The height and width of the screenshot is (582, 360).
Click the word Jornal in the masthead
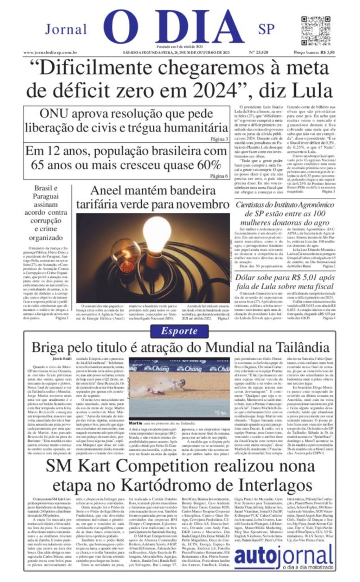coord(66,30)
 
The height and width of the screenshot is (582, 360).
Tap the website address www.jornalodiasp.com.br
coord(50,52)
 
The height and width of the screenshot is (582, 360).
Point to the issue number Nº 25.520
coord(258,52)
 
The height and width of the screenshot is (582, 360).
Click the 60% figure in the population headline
coord(208,164)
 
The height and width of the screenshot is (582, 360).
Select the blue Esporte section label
coord(179,331)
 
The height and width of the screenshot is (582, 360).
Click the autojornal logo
coord(283,557)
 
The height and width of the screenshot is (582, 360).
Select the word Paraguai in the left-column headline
coord(46,196)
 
